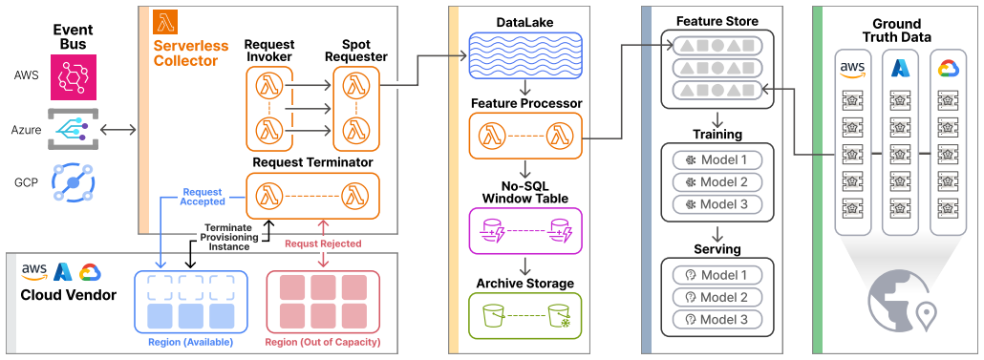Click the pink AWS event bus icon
pos(74,77)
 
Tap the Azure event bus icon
pos(74,129)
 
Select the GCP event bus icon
pos(74,182)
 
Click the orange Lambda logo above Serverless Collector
pos(165,22)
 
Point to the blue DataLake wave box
pos(525,56)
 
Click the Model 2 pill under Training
pos(717,181)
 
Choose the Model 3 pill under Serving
pos(717,319)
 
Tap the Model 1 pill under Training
pos(717,159)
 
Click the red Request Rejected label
pos(323,244)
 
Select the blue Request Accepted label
pos(203,197)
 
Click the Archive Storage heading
pos(525,284)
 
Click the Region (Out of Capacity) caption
pos(323,343)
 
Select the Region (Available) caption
pos(191,343)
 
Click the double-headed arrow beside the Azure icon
pos(118,130)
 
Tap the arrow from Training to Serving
pos(717,232)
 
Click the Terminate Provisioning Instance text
pos(229,237)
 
